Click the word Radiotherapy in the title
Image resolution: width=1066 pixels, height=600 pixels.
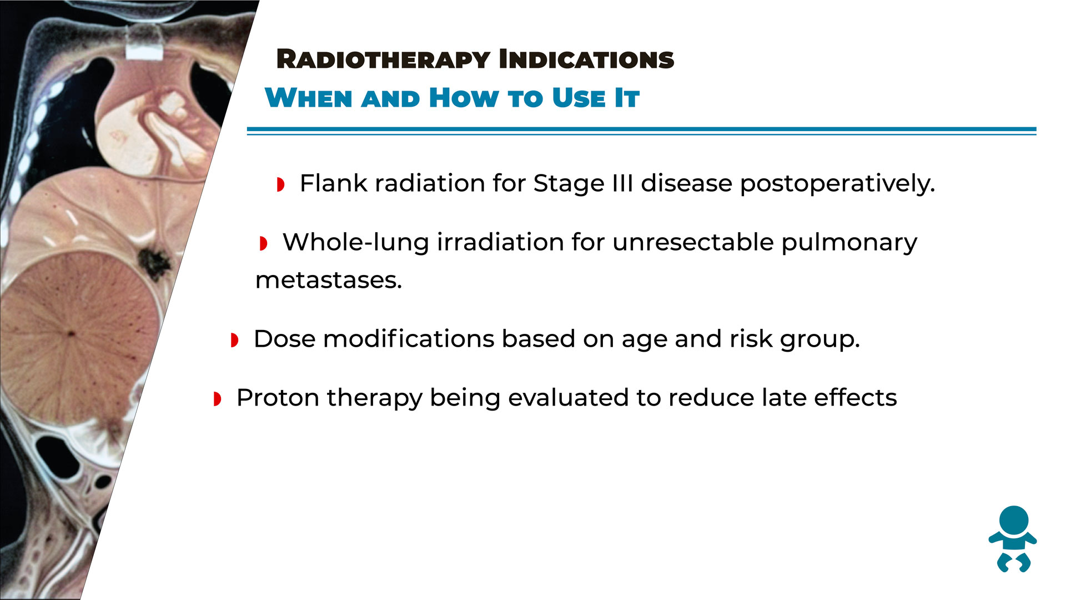384,59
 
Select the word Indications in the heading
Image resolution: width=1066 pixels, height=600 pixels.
586,59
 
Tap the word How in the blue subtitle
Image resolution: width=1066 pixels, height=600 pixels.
464,98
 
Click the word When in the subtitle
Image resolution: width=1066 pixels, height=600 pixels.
309,98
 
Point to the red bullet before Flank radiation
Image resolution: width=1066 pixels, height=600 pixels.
281,184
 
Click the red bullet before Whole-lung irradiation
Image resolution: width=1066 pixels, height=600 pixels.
264,243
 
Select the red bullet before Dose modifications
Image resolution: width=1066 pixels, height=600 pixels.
235,340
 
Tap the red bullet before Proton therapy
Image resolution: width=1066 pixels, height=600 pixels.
218,399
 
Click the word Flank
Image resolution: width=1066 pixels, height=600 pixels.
333,183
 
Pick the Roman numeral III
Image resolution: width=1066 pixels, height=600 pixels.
622,183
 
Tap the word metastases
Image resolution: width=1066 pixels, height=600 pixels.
328,281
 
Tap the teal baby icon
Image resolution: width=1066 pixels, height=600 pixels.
1013,539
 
